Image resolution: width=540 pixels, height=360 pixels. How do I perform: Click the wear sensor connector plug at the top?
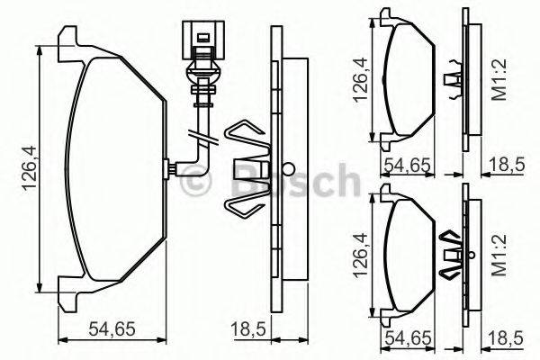point(200,41)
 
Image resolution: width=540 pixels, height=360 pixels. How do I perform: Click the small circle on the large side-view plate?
point(287,168)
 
